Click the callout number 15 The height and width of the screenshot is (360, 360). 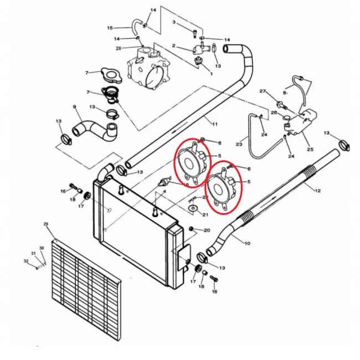tap(110, 28)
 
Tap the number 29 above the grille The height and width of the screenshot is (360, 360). tap(46, 224)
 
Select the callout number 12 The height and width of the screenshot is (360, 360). tap(318, 191)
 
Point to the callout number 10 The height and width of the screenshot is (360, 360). tap(246, 243)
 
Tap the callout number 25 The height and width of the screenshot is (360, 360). tap(310, 150)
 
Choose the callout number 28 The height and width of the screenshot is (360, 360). tap(119, 49)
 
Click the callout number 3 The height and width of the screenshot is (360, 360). tap(174, 22)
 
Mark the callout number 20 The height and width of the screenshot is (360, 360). tap(207, 230)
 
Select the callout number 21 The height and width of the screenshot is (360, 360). tap(205, 214)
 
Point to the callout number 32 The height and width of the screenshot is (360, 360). tap(25, 260)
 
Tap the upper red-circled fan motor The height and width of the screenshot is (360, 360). tap(189, 161)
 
